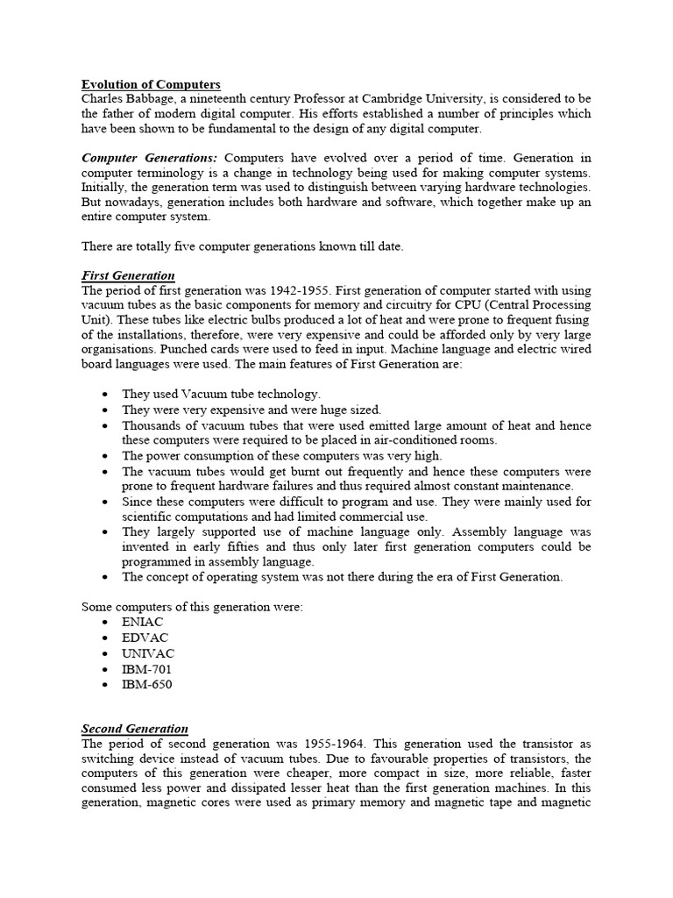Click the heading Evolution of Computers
click(151, 84)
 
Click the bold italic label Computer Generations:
click(150, 158)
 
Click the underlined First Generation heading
click(128, 275)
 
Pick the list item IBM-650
click(146, 684)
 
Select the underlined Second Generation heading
click(135, 729)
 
